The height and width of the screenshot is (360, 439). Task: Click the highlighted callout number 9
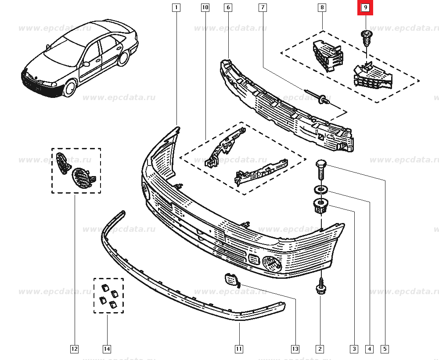tap(365, 7)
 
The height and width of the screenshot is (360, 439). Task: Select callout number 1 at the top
tap(176, 7)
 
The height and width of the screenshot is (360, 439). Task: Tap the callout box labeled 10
tap(205, 7)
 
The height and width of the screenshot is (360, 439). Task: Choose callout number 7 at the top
tap(262, 7)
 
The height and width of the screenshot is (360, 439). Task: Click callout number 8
tap(322, 7)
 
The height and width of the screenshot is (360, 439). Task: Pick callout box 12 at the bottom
tap(74, 349)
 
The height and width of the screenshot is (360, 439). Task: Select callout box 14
tap(107, 349)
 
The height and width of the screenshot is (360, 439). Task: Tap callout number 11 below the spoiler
tap(238, 349)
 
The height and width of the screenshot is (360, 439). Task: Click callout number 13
tap(295, 349)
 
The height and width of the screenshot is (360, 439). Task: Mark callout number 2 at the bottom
tap(320, 349)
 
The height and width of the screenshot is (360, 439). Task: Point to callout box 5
tap(385, 349)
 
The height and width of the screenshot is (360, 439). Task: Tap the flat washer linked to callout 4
tap(320, 190)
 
